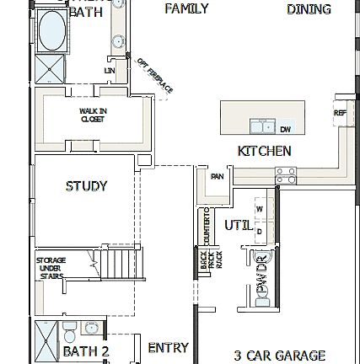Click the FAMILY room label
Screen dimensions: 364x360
(x=186, y=9)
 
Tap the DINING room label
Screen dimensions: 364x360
(x=309, y=9)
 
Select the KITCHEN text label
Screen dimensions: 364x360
(x=264, y=152)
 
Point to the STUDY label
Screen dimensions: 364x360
(x=86, y=186)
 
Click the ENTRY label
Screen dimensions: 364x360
(x=168, y=347)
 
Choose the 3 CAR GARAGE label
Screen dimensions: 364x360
(x=279, y=356)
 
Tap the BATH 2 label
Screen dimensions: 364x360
(x=86, y=351)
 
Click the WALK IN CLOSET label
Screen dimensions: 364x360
(x=88, y=114)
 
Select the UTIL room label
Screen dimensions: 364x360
(x=238, y=225)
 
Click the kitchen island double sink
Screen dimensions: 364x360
(x=261, y=127)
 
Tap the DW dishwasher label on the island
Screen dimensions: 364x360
(x=285, y=129)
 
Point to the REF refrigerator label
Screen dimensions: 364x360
(x=339, y=112)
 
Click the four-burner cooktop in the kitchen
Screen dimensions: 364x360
(x=286, y=175)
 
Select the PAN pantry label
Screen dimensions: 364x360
(x=217, y=177)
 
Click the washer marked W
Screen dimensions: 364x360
(x=259, y=208)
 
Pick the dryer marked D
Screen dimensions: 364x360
(x=259, y=228)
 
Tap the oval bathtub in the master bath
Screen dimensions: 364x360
(x=52, y=27)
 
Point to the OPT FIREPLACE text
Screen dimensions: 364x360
(x=154, y=75)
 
